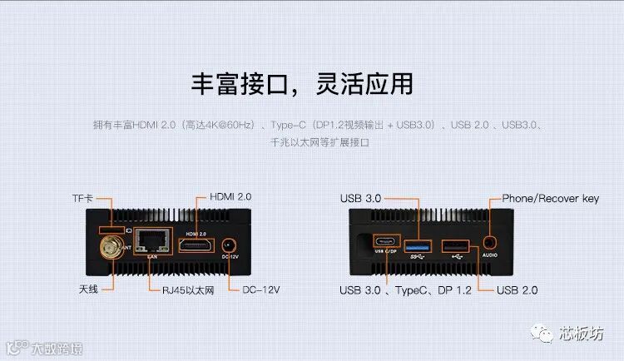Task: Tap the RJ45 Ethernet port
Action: coord(151,242)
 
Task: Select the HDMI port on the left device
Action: coord(196,246)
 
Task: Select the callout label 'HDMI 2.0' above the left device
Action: coord(230,198)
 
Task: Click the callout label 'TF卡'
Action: coord(82,200)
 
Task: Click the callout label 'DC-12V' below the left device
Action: coord(260,290)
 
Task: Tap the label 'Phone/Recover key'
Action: coord(550,199)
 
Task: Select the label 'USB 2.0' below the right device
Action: coord(517,290)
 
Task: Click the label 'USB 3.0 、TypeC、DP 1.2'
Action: coord(405,290)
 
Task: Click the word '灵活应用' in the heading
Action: coord(366,83)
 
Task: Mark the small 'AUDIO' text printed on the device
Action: coord(489,255)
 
